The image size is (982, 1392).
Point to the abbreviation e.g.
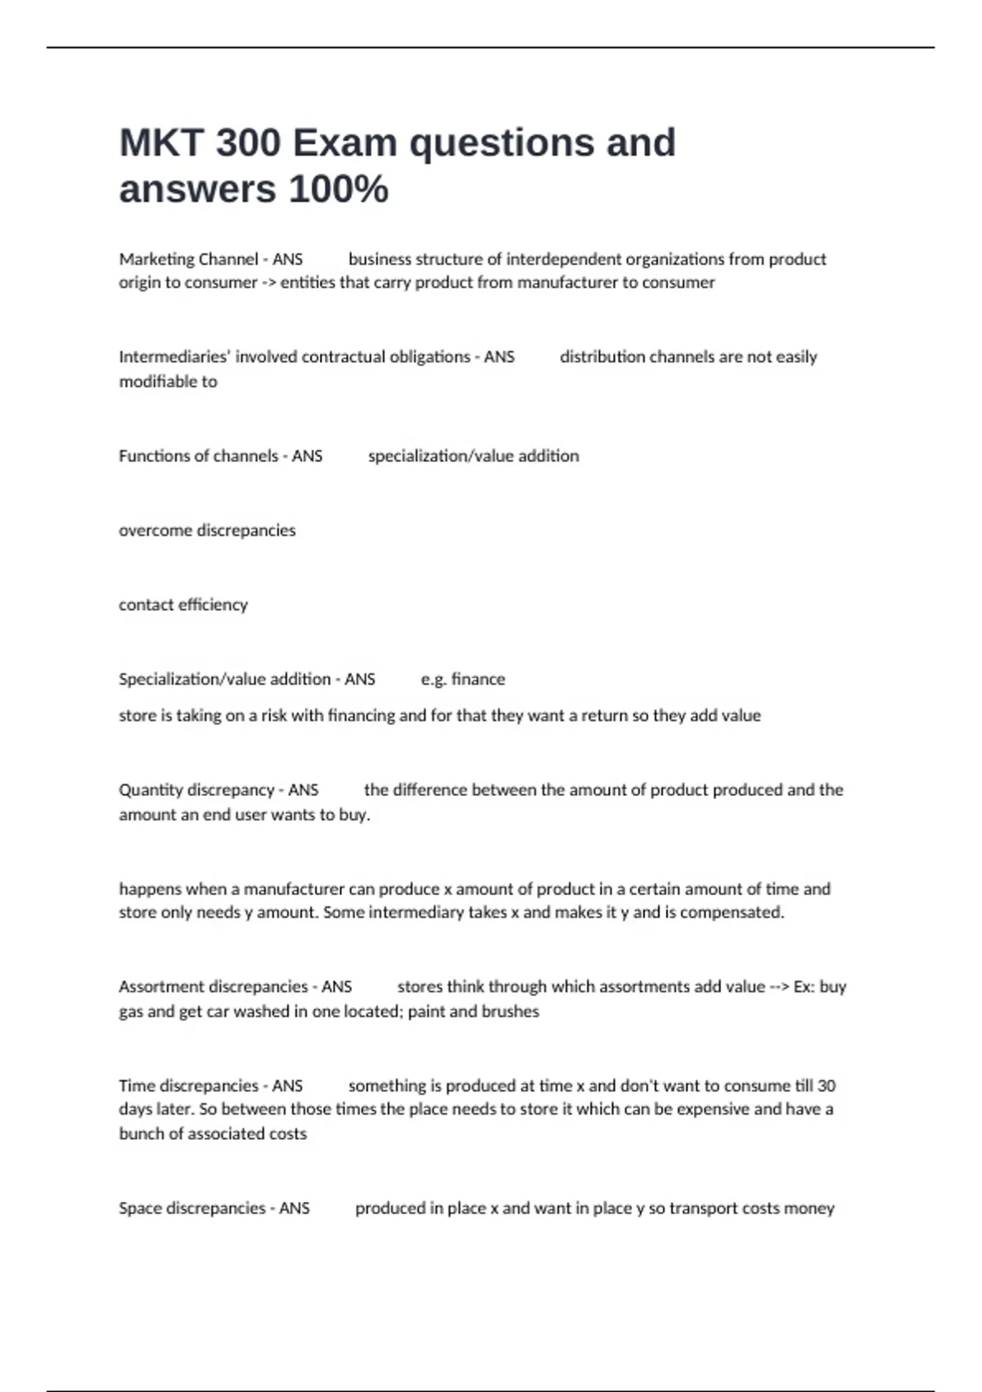click(x=434, y=680)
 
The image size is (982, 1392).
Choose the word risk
click(x=273, y=716)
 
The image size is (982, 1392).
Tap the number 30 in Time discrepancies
click(x=827, y=1086)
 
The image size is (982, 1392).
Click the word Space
click(x=140, y=1209)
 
